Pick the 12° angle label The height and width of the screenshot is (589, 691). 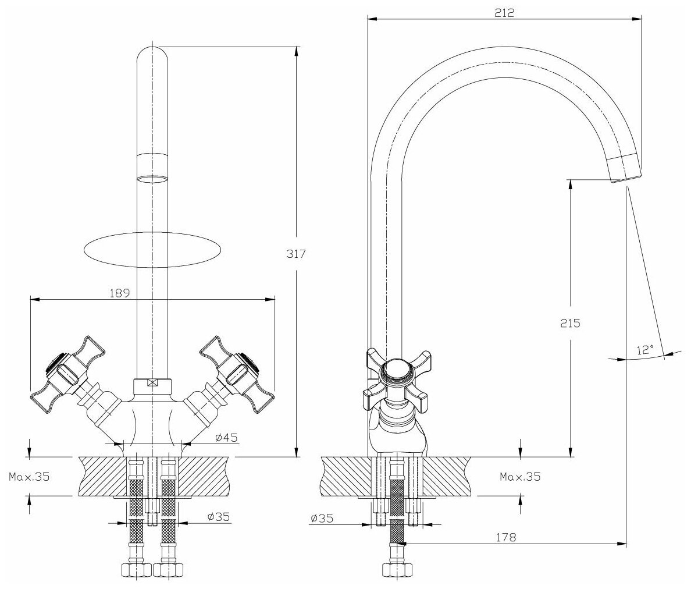[x=645, y=349]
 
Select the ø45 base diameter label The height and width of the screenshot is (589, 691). [x=226, y=437]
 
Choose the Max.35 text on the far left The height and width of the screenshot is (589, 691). [x=30, y=477]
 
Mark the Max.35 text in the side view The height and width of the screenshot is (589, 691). [x=520, y=477]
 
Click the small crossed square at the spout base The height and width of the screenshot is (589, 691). [x=152, y=383]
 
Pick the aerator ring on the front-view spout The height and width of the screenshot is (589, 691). [x=152, y=169]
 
